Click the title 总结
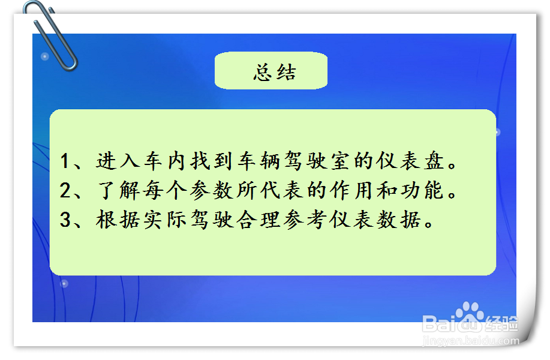tap(275, 73)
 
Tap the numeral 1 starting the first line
tap(65, 161)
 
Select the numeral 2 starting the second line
tap(65, 190)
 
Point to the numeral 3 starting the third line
tap(65, 220)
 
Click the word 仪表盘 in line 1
tap(411, 161)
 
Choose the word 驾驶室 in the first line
tap(317, 161)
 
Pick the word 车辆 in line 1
tap(258, 161)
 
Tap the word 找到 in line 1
tap(211, 161)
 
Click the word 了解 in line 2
tap(118, 191)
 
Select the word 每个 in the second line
tap(164, 191)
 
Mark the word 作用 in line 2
tap(352, 191)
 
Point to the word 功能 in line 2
tap(422, 191)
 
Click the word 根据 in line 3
tap(118, 220)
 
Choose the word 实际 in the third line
tap(164, 220)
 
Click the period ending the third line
tap(429, 224)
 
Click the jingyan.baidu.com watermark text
tap(471, 341)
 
